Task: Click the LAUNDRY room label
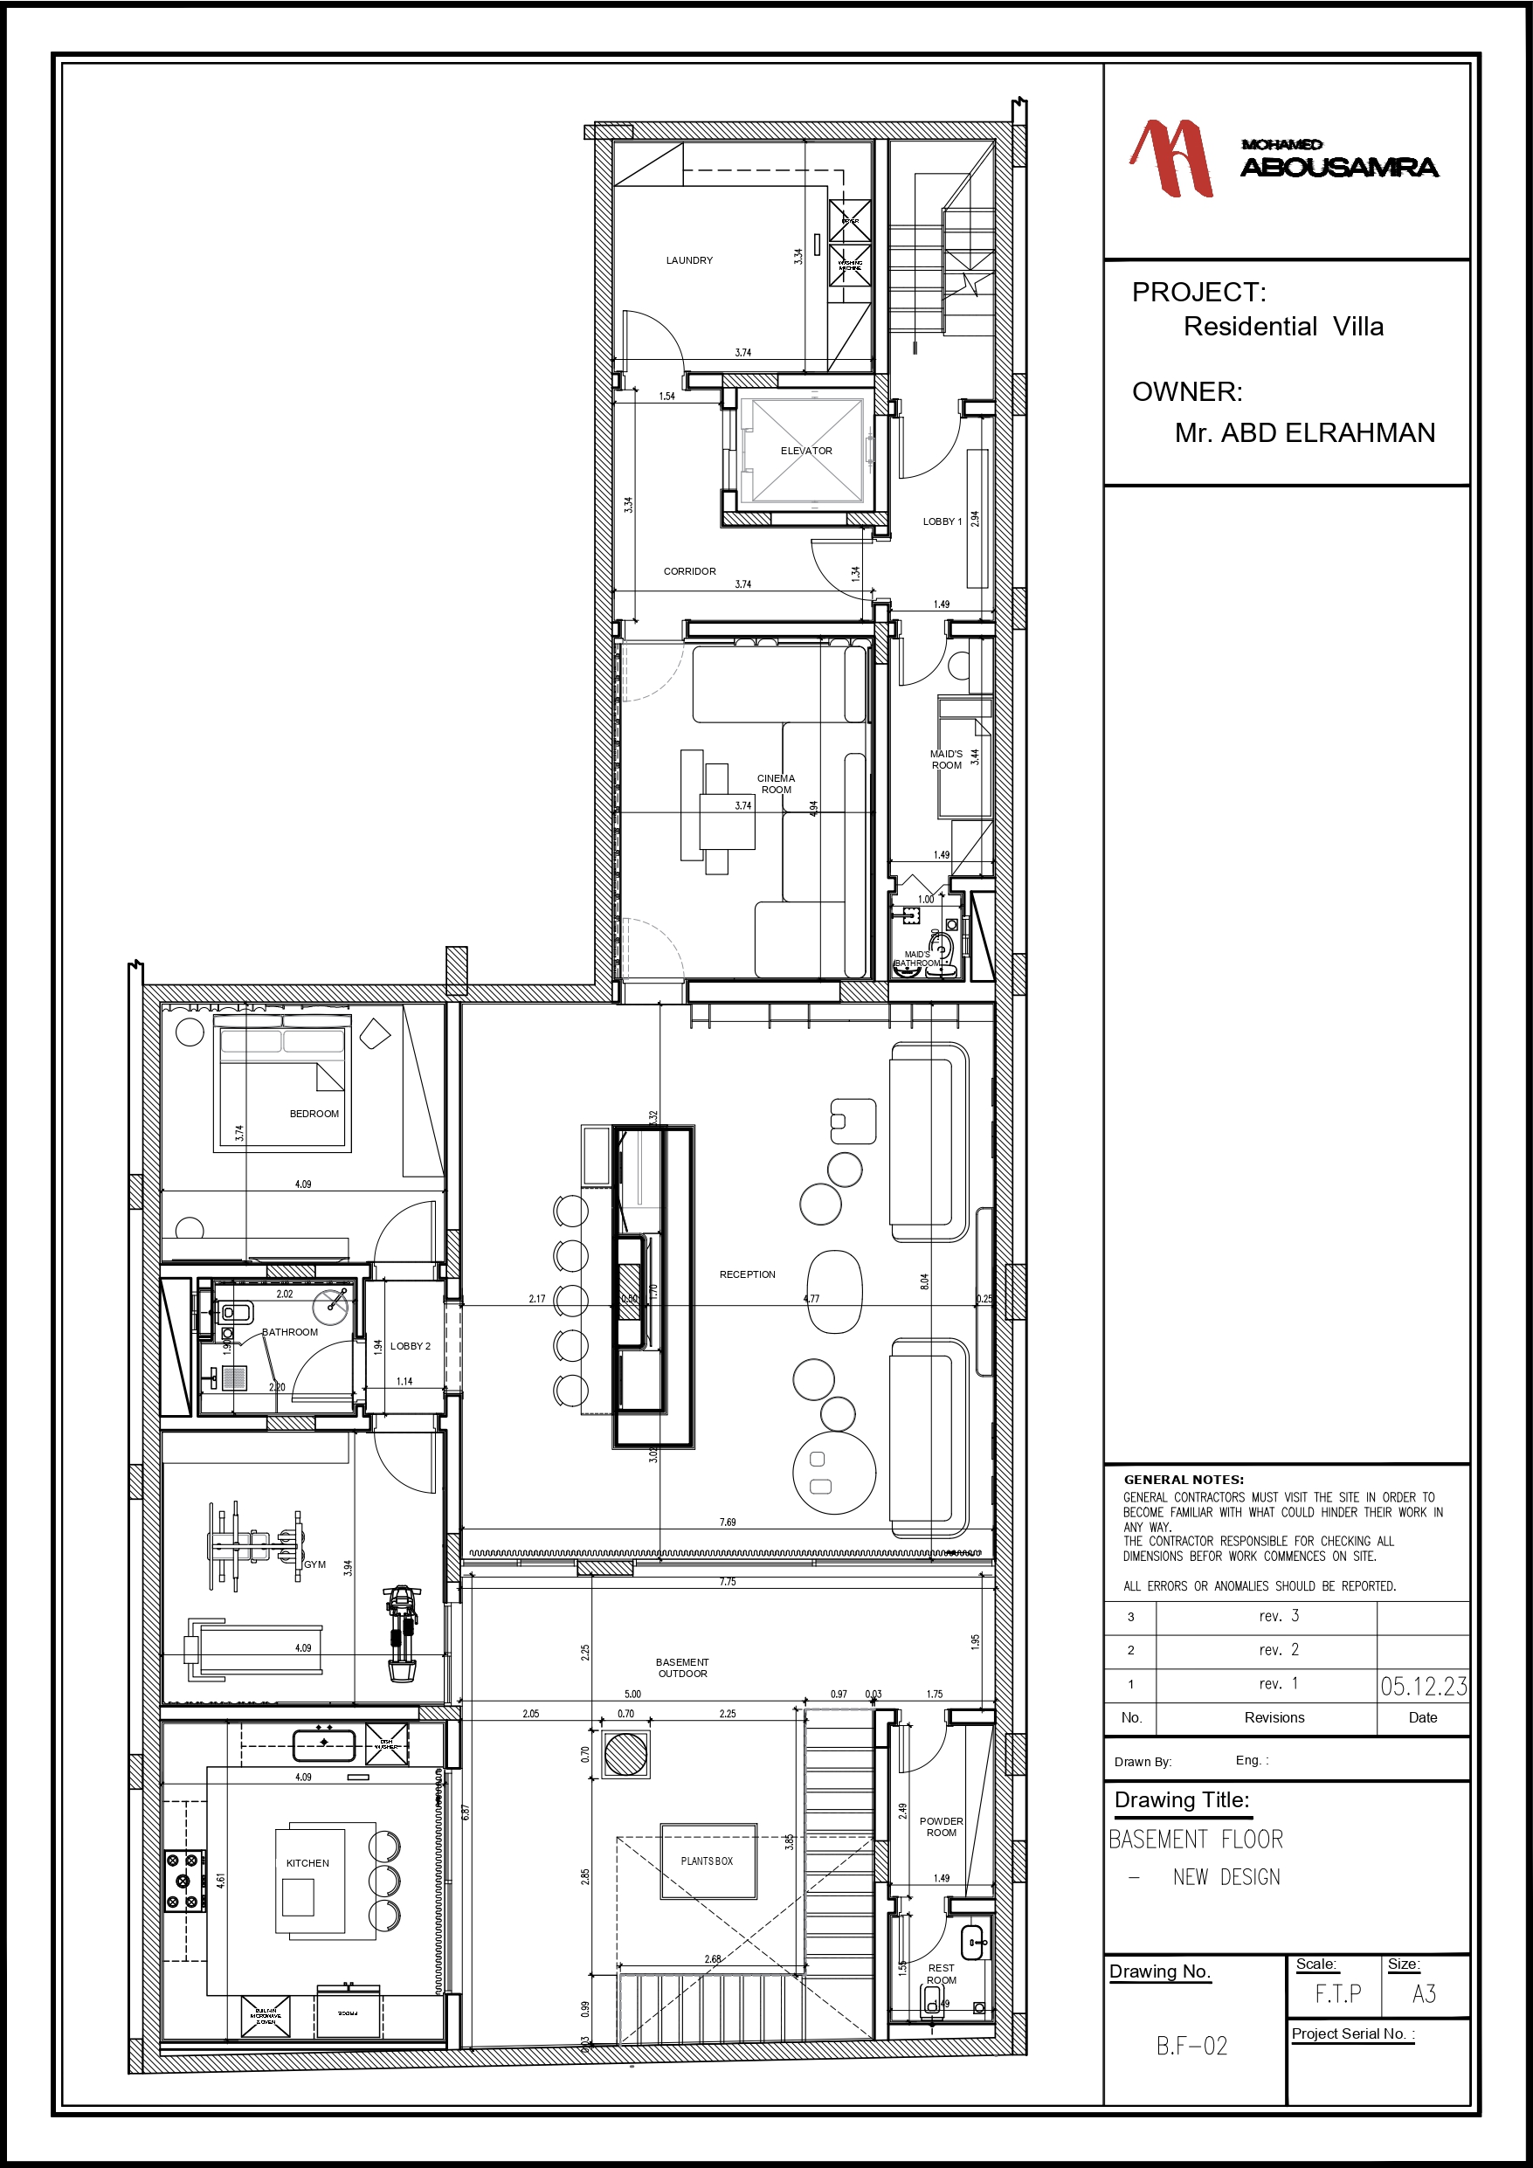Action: tap(688, 260)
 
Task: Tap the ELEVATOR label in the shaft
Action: tap(805, 452)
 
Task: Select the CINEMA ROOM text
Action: tap(776, 784)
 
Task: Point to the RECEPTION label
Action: tap(746, 1274)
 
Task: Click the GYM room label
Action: tap(314, 1564)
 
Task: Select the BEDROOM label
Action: tap(314, 1115)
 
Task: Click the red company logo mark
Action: tap(1171, 159)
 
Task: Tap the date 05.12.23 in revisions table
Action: tap(1422, 1687)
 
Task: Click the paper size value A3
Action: tap(1424, 1994)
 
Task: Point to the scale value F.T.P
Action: tap(1337, 1994)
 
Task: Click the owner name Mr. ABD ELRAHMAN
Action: tap(1303, 433)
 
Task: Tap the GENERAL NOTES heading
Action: tap(1183, 1480)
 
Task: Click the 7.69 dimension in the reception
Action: tap(728, 1522)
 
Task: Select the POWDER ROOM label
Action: tap(941, 1827)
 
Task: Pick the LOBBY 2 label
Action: tap(410, 1347)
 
